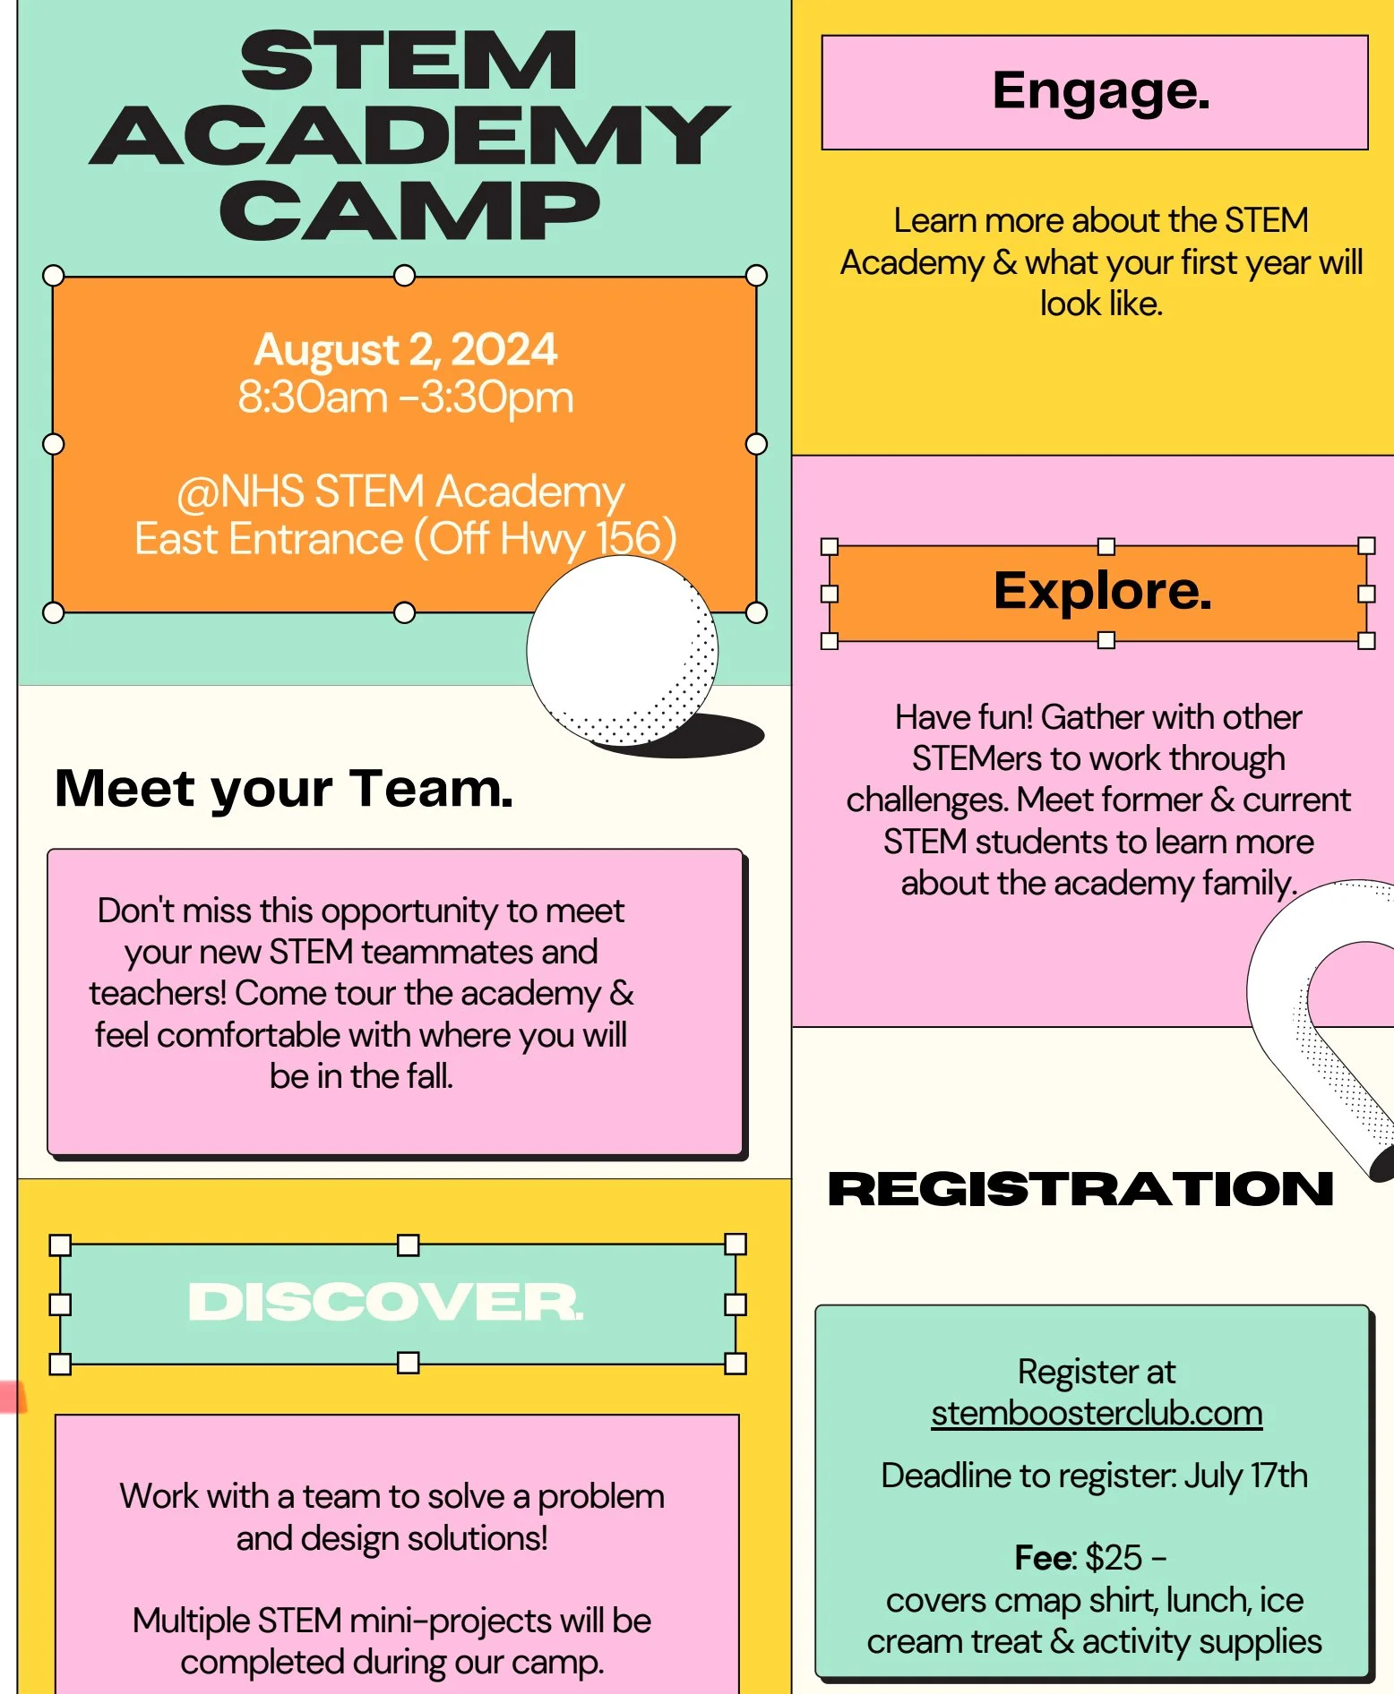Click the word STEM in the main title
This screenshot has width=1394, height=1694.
point(409,61)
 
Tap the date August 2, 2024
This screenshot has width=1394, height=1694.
point(405,349)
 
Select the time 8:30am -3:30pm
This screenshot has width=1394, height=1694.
point(405,397)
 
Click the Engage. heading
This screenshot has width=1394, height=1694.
point(1101,91)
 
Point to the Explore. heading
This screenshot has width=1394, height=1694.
point(1102,591)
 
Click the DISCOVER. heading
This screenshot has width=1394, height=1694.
point(385,1302)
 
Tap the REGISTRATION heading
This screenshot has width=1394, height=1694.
point(1080,1189)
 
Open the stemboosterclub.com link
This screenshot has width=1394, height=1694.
point(1097,1414)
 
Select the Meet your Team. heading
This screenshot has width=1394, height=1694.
point(284,789)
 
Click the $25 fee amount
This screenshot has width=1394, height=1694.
point(1114,1558)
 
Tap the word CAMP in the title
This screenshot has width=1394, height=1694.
point(409,211)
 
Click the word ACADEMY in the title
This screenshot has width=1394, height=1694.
point(409,136)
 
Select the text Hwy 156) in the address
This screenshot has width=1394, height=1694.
point(588,538)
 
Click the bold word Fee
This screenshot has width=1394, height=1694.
point(1042,1558)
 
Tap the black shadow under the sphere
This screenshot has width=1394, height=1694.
point(708,736)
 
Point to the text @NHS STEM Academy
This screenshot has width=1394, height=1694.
point(400,492)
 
